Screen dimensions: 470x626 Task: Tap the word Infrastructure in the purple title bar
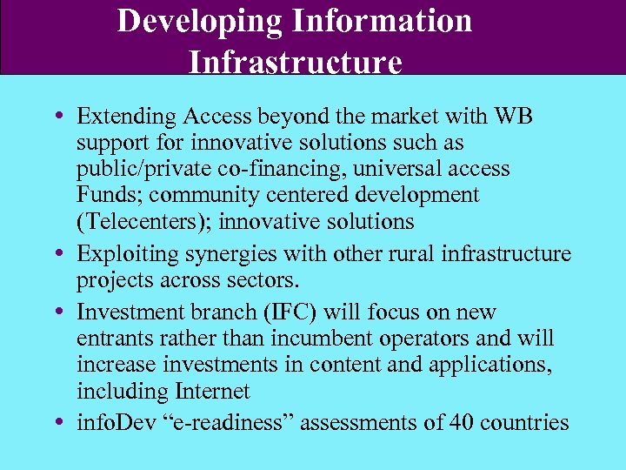(295, 63)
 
